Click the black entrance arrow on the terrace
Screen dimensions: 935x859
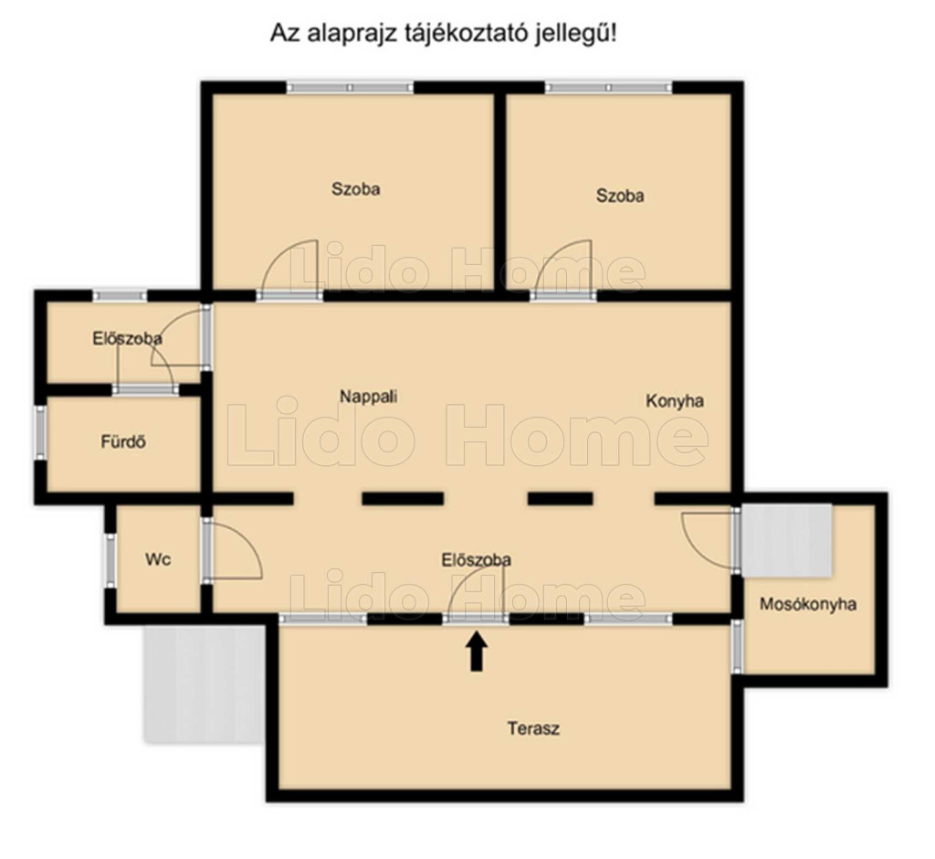(x=476, y=652)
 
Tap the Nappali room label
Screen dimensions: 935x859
(x=369, y=397)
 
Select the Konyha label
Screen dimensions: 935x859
(x=675, y=401)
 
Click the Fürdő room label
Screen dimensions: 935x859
(x=123, y=442)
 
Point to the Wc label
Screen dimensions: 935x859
(x=158, y=559)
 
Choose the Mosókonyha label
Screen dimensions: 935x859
(x=808, y=604)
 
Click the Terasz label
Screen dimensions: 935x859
(x=533, y=728)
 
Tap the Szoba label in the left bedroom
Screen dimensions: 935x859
(x=356, y=189)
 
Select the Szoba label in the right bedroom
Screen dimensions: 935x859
(x=620, y=196)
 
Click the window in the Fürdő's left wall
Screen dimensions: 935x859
(x=40, y=433)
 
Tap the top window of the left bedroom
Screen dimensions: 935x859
(x=350, y=88)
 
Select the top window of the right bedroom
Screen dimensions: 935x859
(x=608, y=88)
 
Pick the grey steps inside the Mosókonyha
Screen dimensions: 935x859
(x=786, y=540)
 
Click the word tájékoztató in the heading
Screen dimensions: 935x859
(x=456, y=34)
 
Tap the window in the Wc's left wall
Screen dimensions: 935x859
(x=110, y=559)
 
